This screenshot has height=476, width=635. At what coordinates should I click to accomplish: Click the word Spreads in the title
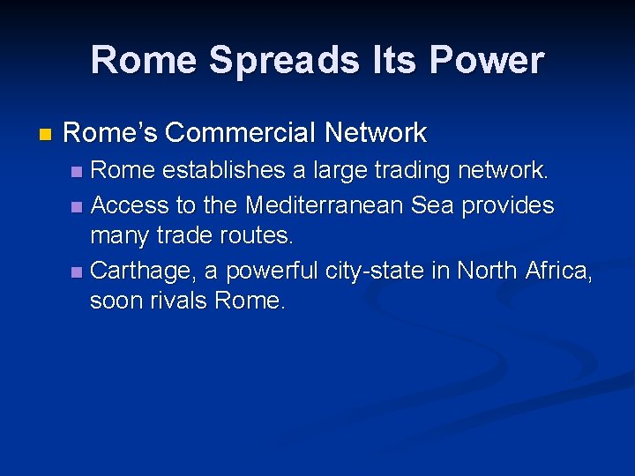coord(281,60)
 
